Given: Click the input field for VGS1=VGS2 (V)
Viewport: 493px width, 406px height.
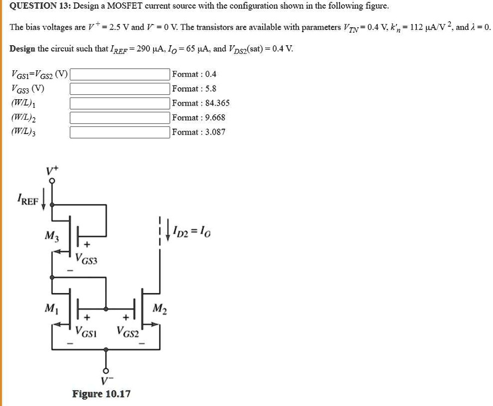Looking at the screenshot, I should [x=119, y=74].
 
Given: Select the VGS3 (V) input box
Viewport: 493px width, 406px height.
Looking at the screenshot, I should [x=119, y=88].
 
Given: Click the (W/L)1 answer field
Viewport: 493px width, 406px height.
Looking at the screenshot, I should [x=119, y=103].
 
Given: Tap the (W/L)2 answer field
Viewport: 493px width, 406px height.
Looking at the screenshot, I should [x=119, y=117].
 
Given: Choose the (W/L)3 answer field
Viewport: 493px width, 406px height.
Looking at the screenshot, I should [x=119, y=132].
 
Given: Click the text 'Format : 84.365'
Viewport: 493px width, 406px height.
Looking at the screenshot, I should [x=200, y=103].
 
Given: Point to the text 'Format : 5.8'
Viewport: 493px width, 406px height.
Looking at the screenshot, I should [x=194, y=88].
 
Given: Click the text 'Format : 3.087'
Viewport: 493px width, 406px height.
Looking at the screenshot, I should [x=198, y=132].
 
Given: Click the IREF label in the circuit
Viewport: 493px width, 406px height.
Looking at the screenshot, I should [x=28, y=201].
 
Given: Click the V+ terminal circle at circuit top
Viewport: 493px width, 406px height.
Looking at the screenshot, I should [x=52, y=180].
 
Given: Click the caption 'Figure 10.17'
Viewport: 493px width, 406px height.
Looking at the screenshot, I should [x=101, y=393].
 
